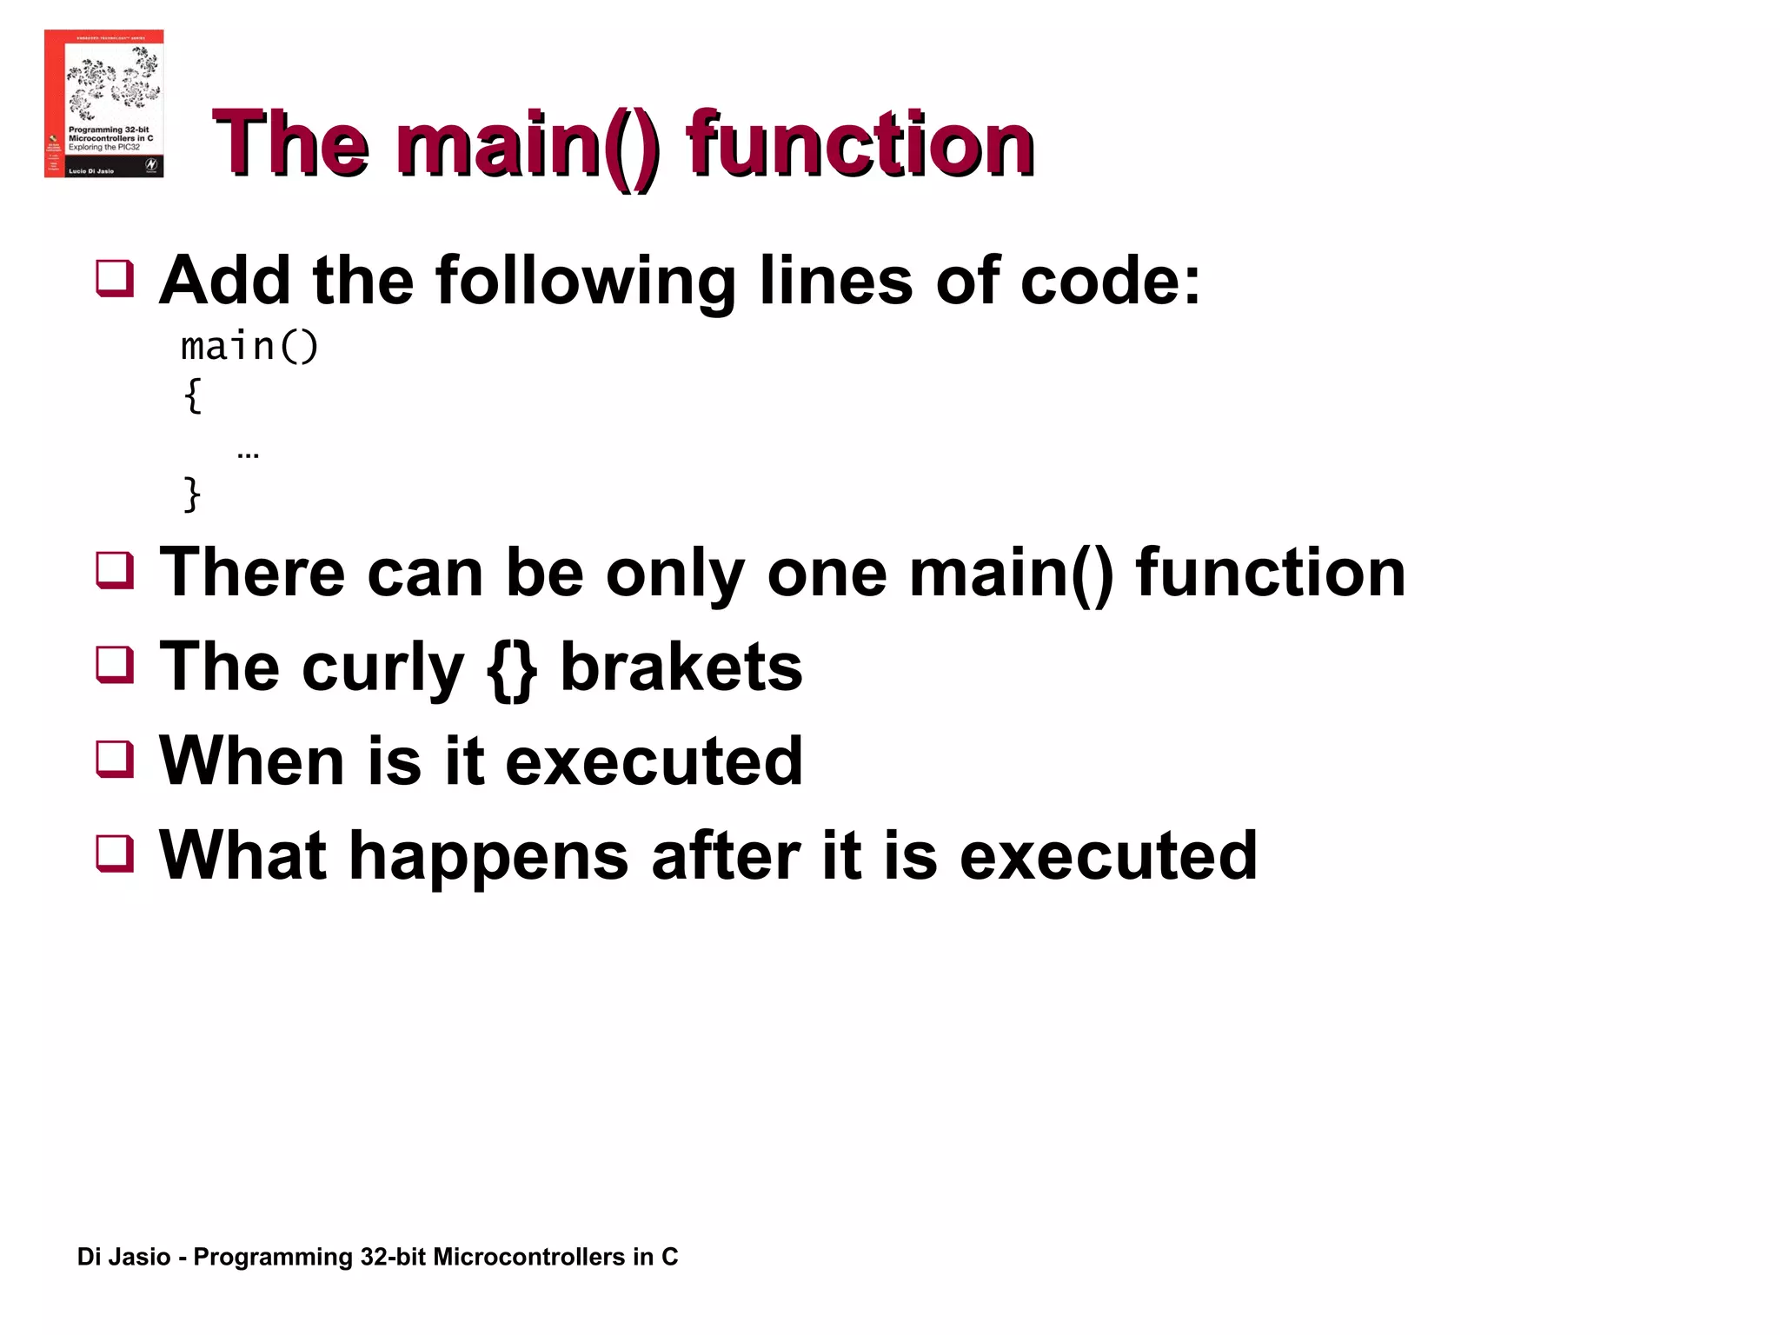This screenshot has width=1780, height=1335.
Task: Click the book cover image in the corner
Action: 103,103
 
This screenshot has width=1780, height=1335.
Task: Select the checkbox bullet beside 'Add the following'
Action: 115,278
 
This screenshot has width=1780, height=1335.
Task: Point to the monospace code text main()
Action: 249,347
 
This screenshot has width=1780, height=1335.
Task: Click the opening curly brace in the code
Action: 193,395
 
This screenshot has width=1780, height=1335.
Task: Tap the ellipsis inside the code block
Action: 248,454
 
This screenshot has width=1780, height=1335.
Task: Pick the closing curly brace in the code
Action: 192,494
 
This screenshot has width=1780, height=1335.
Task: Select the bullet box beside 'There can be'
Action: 115,570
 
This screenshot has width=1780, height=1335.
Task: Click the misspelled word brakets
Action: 681,667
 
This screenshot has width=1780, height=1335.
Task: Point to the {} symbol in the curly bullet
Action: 511,668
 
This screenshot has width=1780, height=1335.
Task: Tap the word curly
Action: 382,668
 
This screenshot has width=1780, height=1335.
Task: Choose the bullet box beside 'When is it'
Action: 115,758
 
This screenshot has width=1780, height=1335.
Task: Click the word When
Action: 253,760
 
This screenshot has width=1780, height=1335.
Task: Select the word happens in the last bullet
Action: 488,856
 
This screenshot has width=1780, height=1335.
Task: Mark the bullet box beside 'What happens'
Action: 115,853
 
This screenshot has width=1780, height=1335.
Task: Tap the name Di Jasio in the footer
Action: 123,1257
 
